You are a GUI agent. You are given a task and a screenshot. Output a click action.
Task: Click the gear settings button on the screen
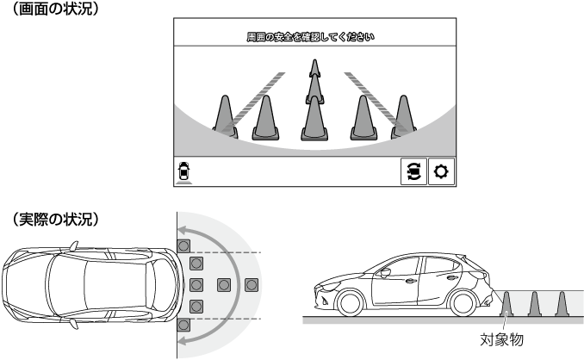(x=441, y=171)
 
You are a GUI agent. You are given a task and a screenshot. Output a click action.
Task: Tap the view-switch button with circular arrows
(x=413, y=171)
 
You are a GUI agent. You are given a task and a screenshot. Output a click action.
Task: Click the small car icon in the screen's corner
(x=183, y=172)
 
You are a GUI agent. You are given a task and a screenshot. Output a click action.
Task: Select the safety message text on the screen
(x=311, y=37)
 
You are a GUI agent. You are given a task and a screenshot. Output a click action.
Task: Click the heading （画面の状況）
(x=56, y=9)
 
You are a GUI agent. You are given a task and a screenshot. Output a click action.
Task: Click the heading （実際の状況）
(x=56, y=220)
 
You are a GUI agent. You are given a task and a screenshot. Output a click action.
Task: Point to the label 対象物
(x=501, y=340)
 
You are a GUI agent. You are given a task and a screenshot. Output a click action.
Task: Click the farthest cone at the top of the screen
(x=314, y=69)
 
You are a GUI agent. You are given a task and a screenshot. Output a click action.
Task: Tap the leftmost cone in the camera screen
(x=225, y=116)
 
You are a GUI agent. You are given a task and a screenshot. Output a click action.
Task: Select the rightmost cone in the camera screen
(x=403, y=116)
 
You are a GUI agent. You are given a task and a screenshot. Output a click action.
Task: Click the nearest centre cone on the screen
(x=314, y=118)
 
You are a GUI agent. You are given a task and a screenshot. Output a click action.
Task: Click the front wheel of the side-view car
(x=350, y=303)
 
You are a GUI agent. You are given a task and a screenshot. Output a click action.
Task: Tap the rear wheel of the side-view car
(x=463, y=303)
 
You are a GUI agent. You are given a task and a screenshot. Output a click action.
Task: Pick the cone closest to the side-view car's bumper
(x=506, y=305)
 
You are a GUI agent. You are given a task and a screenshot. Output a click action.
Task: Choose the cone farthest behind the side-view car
(x=562, y=305)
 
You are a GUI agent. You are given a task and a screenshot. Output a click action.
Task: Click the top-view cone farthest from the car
(x=252, y=285)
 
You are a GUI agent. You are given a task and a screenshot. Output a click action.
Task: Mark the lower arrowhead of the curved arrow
(x=183, y=339)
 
